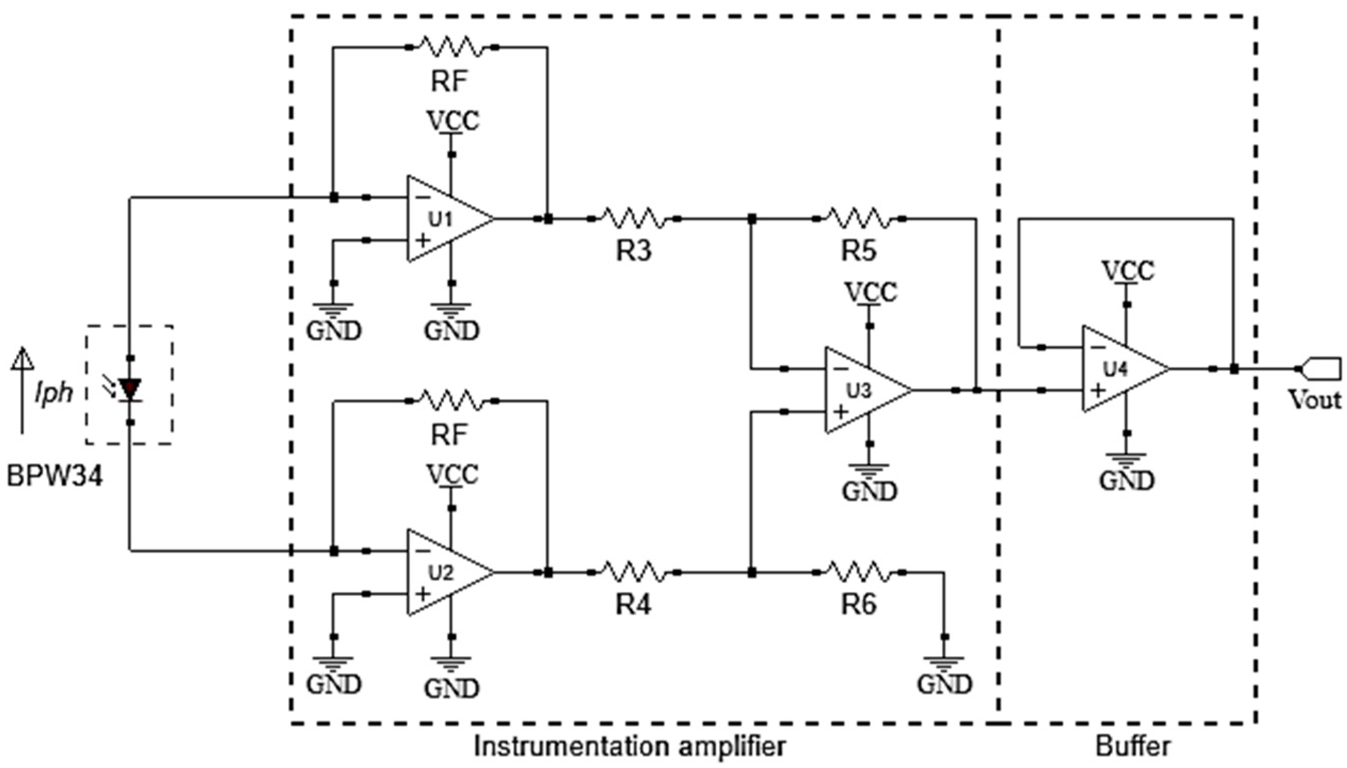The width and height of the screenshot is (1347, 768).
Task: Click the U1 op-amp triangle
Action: pos(446,218)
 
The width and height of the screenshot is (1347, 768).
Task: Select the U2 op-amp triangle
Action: pos(446,572)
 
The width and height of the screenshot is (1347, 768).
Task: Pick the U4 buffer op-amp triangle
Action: pos(1121,369)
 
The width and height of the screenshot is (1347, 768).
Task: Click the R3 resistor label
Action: pos(634,251)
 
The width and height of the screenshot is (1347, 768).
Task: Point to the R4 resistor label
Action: pos(634,604)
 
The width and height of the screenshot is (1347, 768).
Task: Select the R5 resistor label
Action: pos(859,251)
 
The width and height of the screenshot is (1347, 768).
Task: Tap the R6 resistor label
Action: pos(859,604)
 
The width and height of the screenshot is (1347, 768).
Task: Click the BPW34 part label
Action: pos(55,477)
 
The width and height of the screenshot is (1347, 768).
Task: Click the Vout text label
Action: pos(1314,401)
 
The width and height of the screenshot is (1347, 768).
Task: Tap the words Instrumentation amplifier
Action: pos(630,746)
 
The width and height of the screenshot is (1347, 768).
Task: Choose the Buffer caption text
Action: pos(1133,746)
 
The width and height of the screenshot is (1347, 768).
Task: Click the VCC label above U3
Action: pos(871,292)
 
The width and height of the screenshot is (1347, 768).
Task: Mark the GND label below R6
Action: pos(944,685)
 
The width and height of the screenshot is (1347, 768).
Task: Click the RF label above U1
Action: pos(449,81)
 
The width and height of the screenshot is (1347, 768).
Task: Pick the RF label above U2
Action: pos(449,435)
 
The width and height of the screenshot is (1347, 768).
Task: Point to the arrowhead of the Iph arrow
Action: pos(22,359)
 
